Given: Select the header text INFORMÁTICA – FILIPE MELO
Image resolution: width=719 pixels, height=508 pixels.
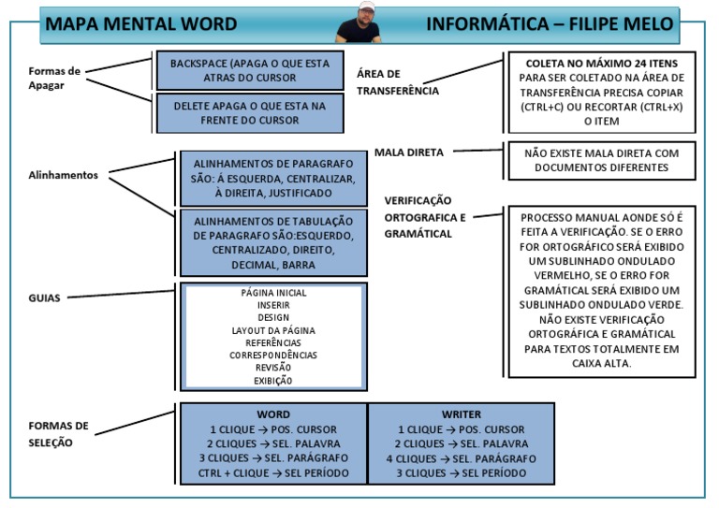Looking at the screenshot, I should [550, 24].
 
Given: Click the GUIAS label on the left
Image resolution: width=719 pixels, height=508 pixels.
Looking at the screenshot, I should [44, 298].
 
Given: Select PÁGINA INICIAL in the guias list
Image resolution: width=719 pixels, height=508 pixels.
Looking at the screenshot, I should [273, 293].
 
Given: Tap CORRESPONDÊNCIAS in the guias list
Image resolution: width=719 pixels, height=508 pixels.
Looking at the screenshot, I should [273, 356].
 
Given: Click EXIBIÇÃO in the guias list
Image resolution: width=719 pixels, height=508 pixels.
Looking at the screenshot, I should [273, 381].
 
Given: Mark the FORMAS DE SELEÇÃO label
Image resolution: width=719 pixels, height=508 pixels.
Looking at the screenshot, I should [58, 433].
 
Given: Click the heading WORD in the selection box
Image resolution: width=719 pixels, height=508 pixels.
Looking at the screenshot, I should [273, 414].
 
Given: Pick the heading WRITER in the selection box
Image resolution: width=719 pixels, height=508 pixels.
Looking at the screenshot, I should [461, 414].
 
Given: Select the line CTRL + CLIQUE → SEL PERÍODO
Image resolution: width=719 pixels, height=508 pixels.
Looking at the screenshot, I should [273, 472].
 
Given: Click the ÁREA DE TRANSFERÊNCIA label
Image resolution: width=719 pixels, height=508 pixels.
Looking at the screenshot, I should [398, 82].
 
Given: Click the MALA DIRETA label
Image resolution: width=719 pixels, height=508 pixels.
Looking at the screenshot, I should [409, 152].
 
